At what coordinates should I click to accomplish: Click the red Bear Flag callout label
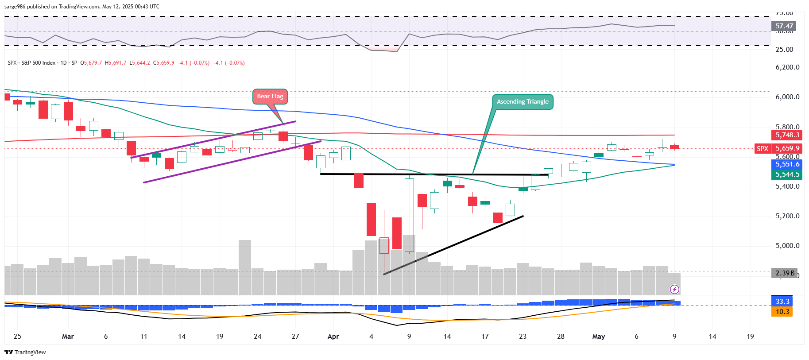coord(270,97)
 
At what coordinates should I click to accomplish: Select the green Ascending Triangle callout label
coord(523,102)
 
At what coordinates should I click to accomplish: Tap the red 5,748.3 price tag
coord(787,135)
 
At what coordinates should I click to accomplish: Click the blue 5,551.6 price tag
coord(787,164)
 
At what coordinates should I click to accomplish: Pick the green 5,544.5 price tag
coord(787,174)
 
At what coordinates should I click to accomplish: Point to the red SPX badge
coord(762,149)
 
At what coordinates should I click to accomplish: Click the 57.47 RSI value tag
coord(784,26)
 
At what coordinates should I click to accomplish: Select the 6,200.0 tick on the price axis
coord(787,67)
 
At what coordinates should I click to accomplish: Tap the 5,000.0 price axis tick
coord(787,246)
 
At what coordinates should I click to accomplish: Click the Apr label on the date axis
coord(333,337)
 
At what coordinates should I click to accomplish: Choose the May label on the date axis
coord(598,337)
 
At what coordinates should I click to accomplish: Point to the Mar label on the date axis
coord(68,337)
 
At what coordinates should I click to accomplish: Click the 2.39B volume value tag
coord(785,273)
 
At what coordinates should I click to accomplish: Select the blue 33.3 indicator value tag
coord(782,302)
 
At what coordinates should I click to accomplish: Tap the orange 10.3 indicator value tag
coord(782,312)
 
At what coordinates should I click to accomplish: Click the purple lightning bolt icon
coord(674,290)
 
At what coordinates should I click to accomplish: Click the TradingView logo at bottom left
coord(25,352)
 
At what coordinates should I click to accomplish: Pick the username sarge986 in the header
coord(15,7)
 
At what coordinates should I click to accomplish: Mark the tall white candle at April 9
coord(409,215)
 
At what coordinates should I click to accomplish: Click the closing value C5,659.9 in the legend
coord(164,63)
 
